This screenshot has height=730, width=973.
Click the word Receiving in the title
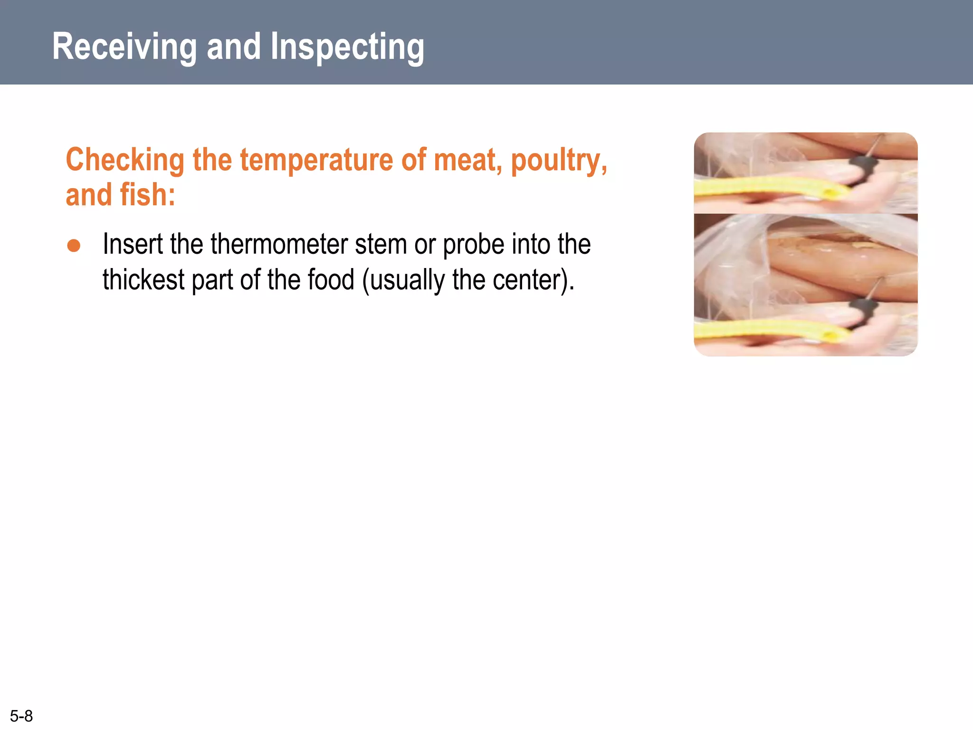coord(124,47)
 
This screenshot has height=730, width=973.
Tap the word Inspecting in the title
coord(347,48)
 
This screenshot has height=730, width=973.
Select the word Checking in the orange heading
coord(125,160)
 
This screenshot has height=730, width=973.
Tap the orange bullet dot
coord(74,245)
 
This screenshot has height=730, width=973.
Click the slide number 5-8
coord(21,716)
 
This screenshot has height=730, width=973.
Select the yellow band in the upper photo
coord(770,188)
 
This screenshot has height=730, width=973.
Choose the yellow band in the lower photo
coord(770,330)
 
